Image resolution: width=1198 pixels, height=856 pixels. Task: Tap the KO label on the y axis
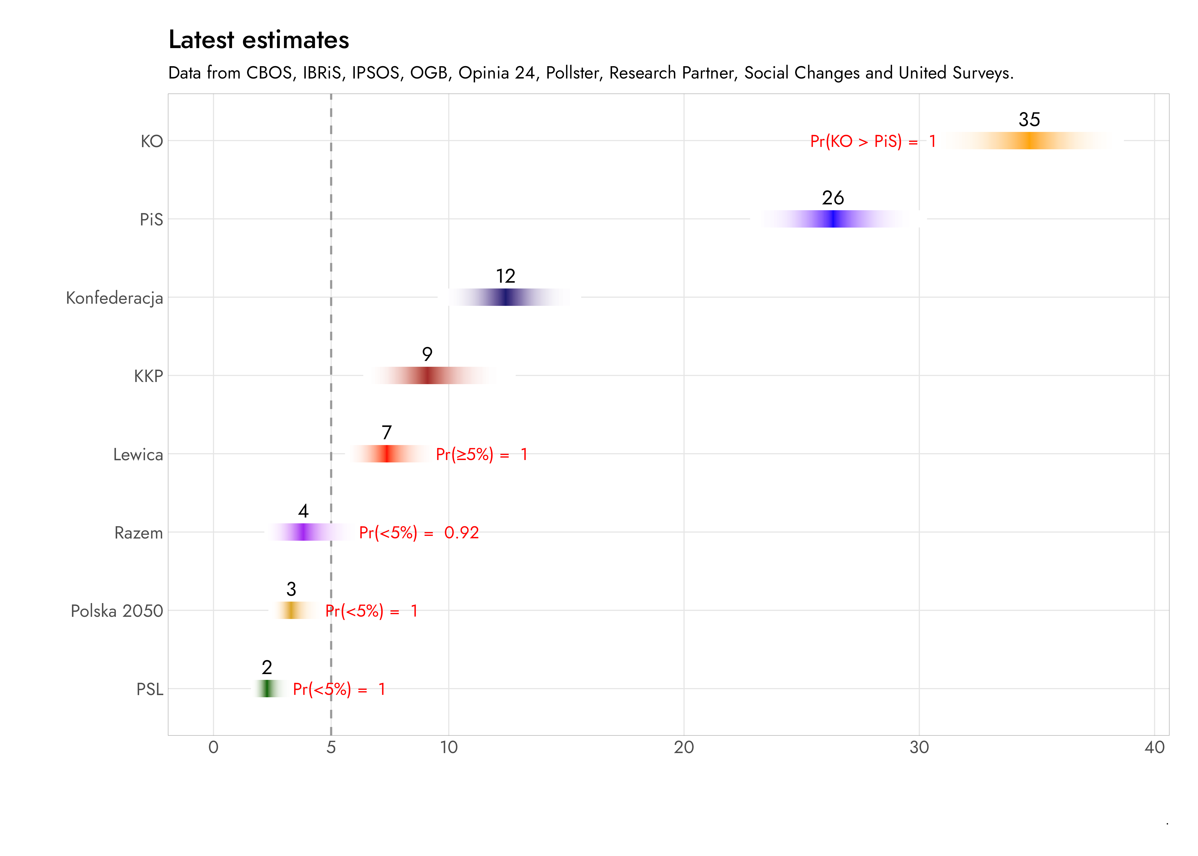coord(152,141)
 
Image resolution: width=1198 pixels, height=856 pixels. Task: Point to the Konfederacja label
coord(114,298)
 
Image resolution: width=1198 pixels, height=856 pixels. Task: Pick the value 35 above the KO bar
coord(1029,120)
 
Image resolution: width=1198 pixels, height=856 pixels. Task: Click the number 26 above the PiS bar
coord(832,198)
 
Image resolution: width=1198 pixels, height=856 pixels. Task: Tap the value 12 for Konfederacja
coord(505,276)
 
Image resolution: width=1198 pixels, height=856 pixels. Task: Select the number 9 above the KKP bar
coord(427,354)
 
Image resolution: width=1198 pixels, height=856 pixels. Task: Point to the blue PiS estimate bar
coord(834,219)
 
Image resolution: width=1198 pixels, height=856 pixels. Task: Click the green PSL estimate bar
coord(267,688)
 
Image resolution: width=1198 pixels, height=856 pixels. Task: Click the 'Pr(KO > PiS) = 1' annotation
coord(872,141)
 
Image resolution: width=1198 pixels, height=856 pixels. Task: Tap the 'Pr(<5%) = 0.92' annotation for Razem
coord(419,533)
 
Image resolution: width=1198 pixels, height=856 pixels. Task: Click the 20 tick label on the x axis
coord(684,748)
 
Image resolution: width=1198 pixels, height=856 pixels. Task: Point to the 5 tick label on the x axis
coord(331,748)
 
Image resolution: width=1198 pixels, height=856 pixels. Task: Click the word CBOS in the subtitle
coord(269,73)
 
